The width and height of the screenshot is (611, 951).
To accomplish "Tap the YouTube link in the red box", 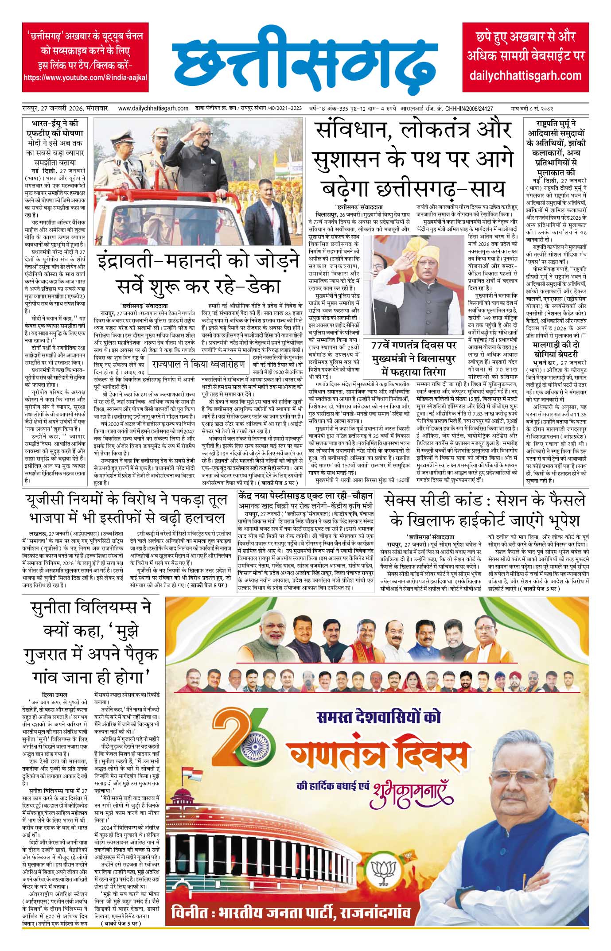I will (x=85, y=78).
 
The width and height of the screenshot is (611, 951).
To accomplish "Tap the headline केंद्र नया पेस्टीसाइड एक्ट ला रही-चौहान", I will (x=306, y=496).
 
